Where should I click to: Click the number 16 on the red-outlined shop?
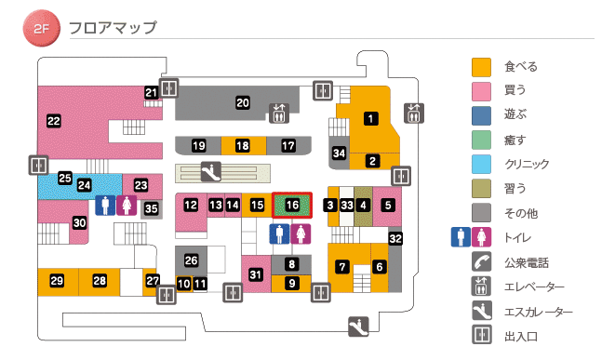point(292,205)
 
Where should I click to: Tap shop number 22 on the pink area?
point(53,121)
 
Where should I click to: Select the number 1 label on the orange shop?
point(371,118)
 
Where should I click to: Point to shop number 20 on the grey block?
point(242,103)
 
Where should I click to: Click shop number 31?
point(256,273)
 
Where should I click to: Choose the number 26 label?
point(192,260)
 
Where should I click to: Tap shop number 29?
point(57,280)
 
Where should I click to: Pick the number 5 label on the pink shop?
point(388,205)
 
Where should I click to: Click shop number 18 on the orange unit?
point(242,146)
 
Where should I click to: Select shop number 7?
point(342,267)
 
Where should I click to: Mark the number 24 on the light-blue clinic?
point(84,185)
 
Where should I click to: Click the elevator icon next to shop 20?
point(279,113)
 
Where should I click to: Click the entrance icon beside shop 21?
point(169,88)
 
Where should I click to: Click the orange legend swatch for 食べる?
point(481,67)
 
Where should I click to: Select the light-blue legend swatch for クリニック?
point(481,164)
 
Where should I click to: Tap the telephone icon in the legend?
point(481,262)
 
